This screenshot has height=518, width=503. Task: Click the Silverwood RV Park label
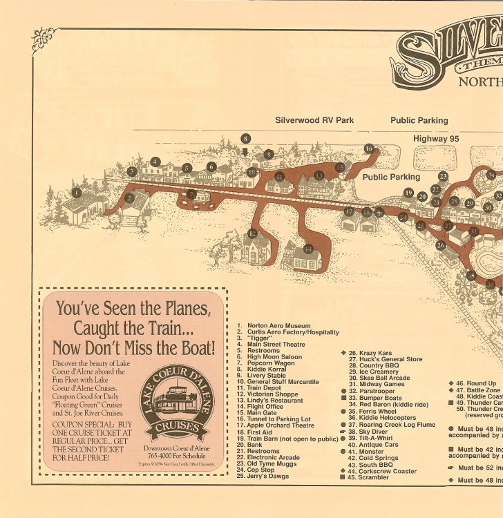click(314, 120)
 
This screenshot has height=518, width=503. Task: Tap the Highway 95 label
click(436, 139)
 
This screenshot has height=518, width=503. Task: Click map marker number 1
click(76, 193)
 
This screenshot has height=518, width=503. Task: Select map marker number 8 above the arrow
click(245, 138)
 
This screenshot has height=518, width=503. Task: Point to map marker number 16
click(369, 148)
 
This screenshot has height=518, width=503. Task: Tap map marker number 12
click(252, 233)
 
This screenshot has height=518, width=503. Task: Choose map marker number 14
click(308, 248)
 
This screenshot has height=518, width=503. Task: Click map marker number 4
click(155, 162)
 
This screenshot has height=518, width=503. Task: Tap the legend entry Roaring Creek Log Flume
click(392, 425)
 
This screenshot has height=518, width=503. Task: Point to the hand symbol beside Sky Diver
click(343, 432)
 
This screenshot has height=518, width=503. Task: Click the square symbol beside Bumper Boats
click(343, 399)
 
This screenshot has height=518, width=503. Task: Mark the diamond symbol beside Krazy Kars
click(343, 353)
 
